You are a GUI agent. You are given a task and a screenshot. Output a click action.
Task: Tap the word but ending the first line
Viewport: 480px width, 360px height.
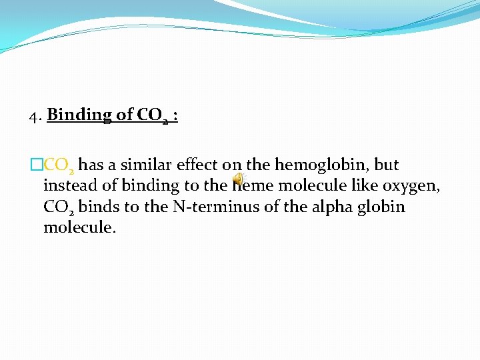(387, 165)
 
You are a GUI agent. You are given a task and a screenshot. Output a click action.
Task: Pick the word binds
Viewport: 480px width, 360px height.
(97, 206)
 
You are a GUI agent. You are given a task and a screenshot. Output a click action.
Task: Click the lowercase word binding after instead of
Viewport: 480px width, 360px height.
(139, 186)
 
